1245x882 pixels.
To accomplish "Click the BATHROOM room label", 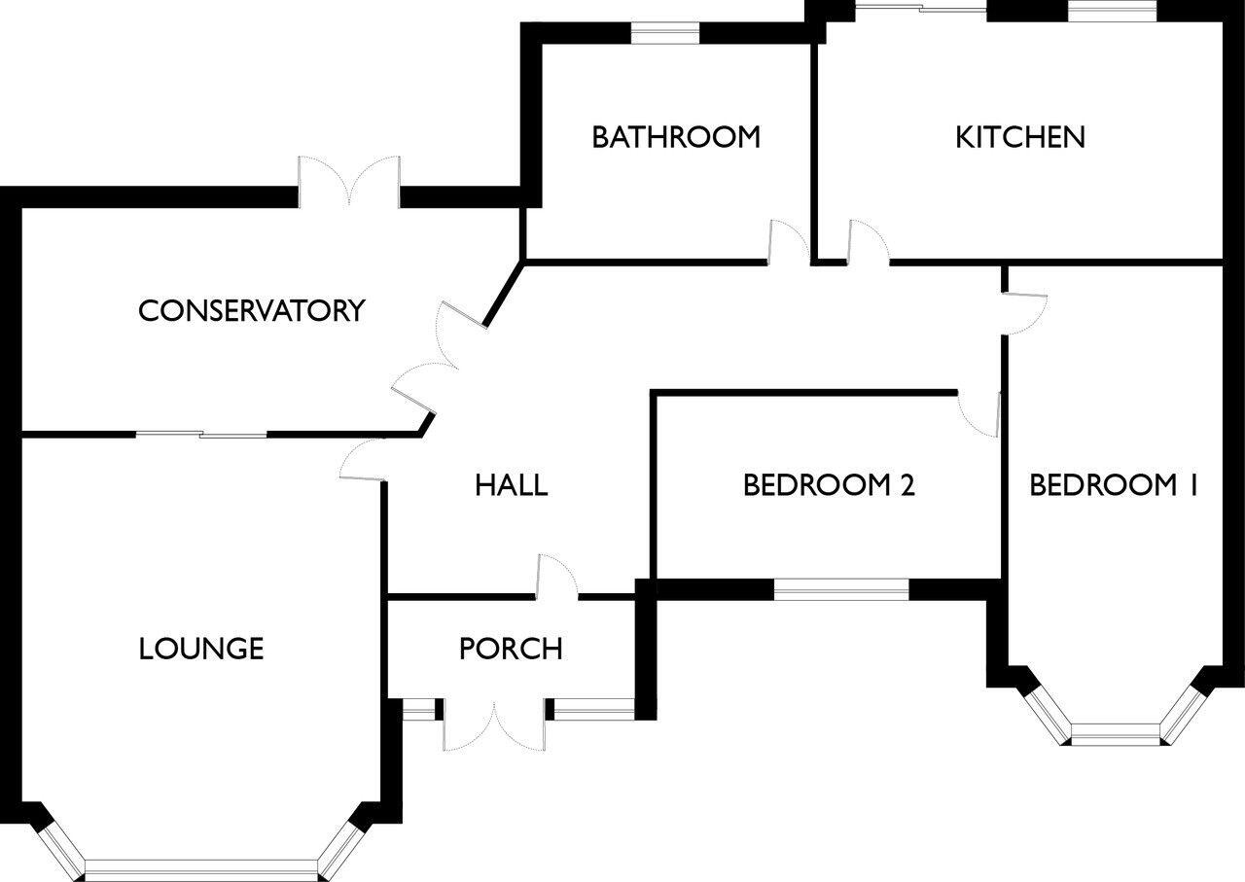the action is point(676,137).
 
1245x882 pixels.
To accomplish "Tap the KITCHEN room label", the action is point(1019,137).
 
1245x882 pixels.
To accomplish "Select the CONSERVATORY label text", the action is point(251,311).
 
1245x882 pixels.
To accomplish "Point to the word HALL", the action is point(511,484).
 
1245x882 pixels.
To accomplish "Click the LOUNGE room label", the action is point(201,648).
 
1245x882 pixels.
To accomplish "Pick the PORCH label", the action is point(511,649).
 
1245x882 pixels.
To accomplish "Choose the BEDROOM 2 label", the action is point(829,484).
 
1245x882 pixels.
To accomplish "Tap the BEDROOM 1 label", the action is point(1113,484).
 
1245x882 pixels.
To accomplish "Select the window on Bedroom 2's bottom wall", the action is point(841,588).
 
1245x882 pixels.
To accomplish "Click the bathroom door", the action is point(787,243).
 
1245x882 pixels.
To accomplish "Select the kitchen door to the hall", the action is point(868,243).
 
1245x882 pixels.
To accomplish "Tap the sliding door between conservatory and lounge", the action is point(200,434).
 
